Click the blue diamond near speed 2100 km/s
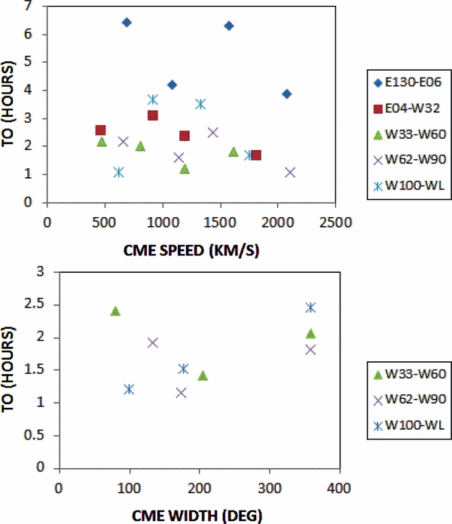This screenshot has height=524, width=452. [x=286, y=94]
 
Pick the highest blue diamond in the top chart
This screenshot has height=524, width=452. [x=127, y=23]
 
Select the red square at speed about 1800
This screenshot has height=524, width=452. [x=256, y=155]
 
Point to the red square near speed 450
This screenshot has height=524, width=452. [x=100, y=130]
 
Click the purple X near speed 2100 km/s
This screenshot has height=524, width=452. [x=290, y=172]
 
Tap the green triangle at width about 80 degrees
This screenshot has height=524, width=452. [x=115, y=311]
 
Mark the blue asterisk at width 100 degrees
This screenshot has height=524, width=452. [x=129, y=389]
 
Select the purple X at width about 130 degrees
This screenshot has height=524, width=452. [x=153, y=342]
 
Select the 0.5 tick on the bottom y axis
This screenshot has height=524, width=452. [x=41, y=436]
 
